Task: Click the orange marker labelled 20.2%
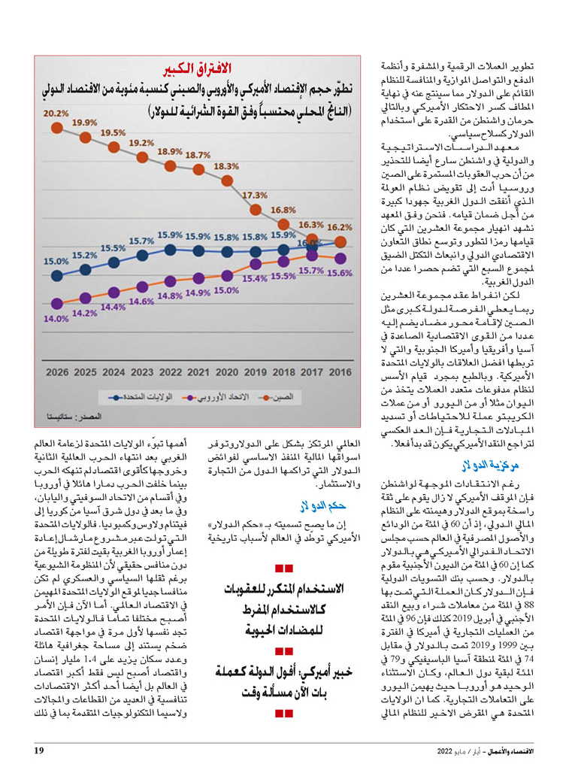[57, 128]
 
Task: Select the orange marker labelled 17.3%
[256, 210]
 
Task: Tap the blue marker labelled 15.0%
[57, 275]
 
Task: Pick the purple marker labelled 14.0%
[57, 304]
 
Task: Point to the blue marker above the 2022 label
[171, 250]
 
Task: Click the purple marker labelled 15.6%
[340, 259]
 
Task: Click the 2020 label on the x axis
[227, 372]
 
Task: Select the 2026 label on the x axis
[57, 372]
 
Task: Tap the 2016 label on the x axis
[340, 372]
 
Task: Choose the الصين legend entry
[277, 397]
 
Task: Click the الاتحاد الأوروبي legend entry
[216, 397]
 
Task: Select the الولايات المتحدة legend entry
[141, 397]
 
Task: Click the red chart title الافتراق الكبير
[197, 68]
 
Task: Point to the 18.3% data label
[226, 166]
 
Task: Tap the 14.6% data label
[141, 302]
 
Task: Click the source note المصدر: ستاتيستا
[74, 417]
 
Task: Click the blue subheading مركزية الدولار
[490, 465]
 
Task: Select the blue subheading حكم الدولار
[323, 505]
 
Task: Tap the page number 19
[39, 750]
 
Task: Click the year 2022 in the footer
[444, 751]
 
